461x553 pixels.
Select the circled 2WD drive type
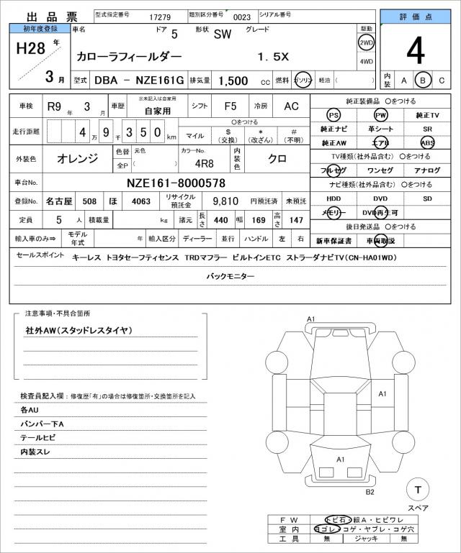pyautogui.click(x=366, y=43)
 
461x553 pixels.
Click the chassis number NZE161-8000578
pyautogui.click(x=176, y=183)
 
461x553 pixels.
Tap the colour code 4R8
pyautogui.click(x=189, y=161)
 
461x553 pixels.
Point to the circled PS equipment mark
pyautogui.click(x=333, y=115)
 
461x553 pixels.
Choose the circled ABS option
pyautogui.click(x=428, y=142)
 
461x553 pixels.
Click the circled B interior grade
pyautogui.click(x=424, y=81)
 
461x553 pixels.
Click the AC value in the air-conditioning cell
pyautogui.click(x=290, y=106)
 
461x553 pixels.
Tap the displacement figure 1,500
pyautogui.click(x=234, y=81)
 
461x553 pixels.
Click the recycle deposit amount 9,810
pyautogui.click(x=226, y=202)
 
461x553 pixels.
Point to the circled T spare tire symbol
pyautogui.click(x=417, y=490)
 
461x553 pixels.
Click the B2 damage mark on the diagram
pyautogui.click(x=370, y=492)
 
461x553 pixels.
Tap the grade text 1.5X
pyautogui.click(x=274, y=55)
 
